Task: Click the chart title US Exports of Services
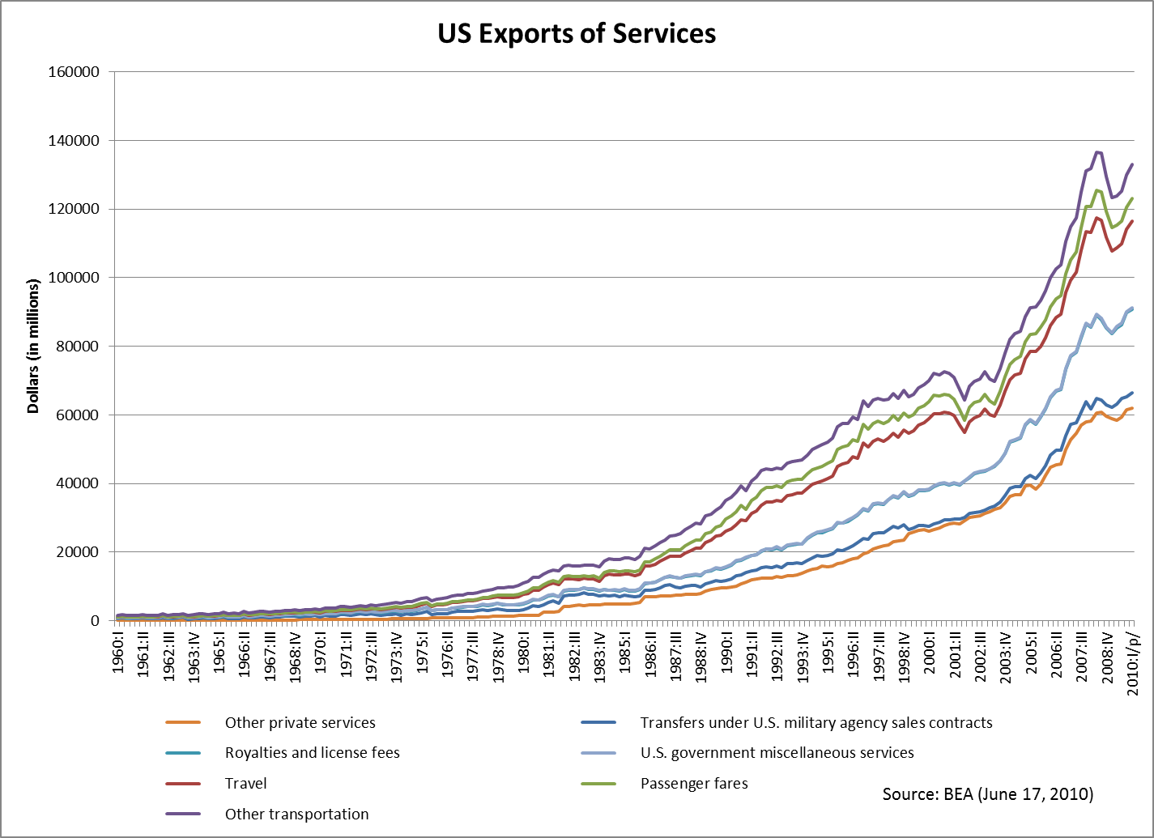tap(577, 34)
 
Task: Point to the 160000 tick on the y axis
tap(75, 72)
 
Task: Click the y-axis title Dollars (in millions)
tap(33, 347)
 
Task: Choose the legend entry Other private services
tap(300, 723)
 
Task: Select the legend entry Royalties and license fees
tap(312, 753)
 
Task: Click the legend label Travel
tap(245, 784)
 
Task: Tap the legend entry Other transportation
tap(296, 815)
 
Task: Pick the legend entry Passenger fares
tap(694, 784)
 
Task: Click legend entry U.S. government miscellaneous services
tap(777, 753)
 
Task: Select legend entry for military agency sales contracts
tap(815, 723)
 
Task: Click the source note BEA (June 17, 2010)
tap(987, 794)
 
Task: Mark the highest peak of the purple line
tap(1097, 151)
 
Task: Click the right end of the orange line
tap(1132, 408)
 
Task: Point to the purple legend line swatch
tap(189, 815)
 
